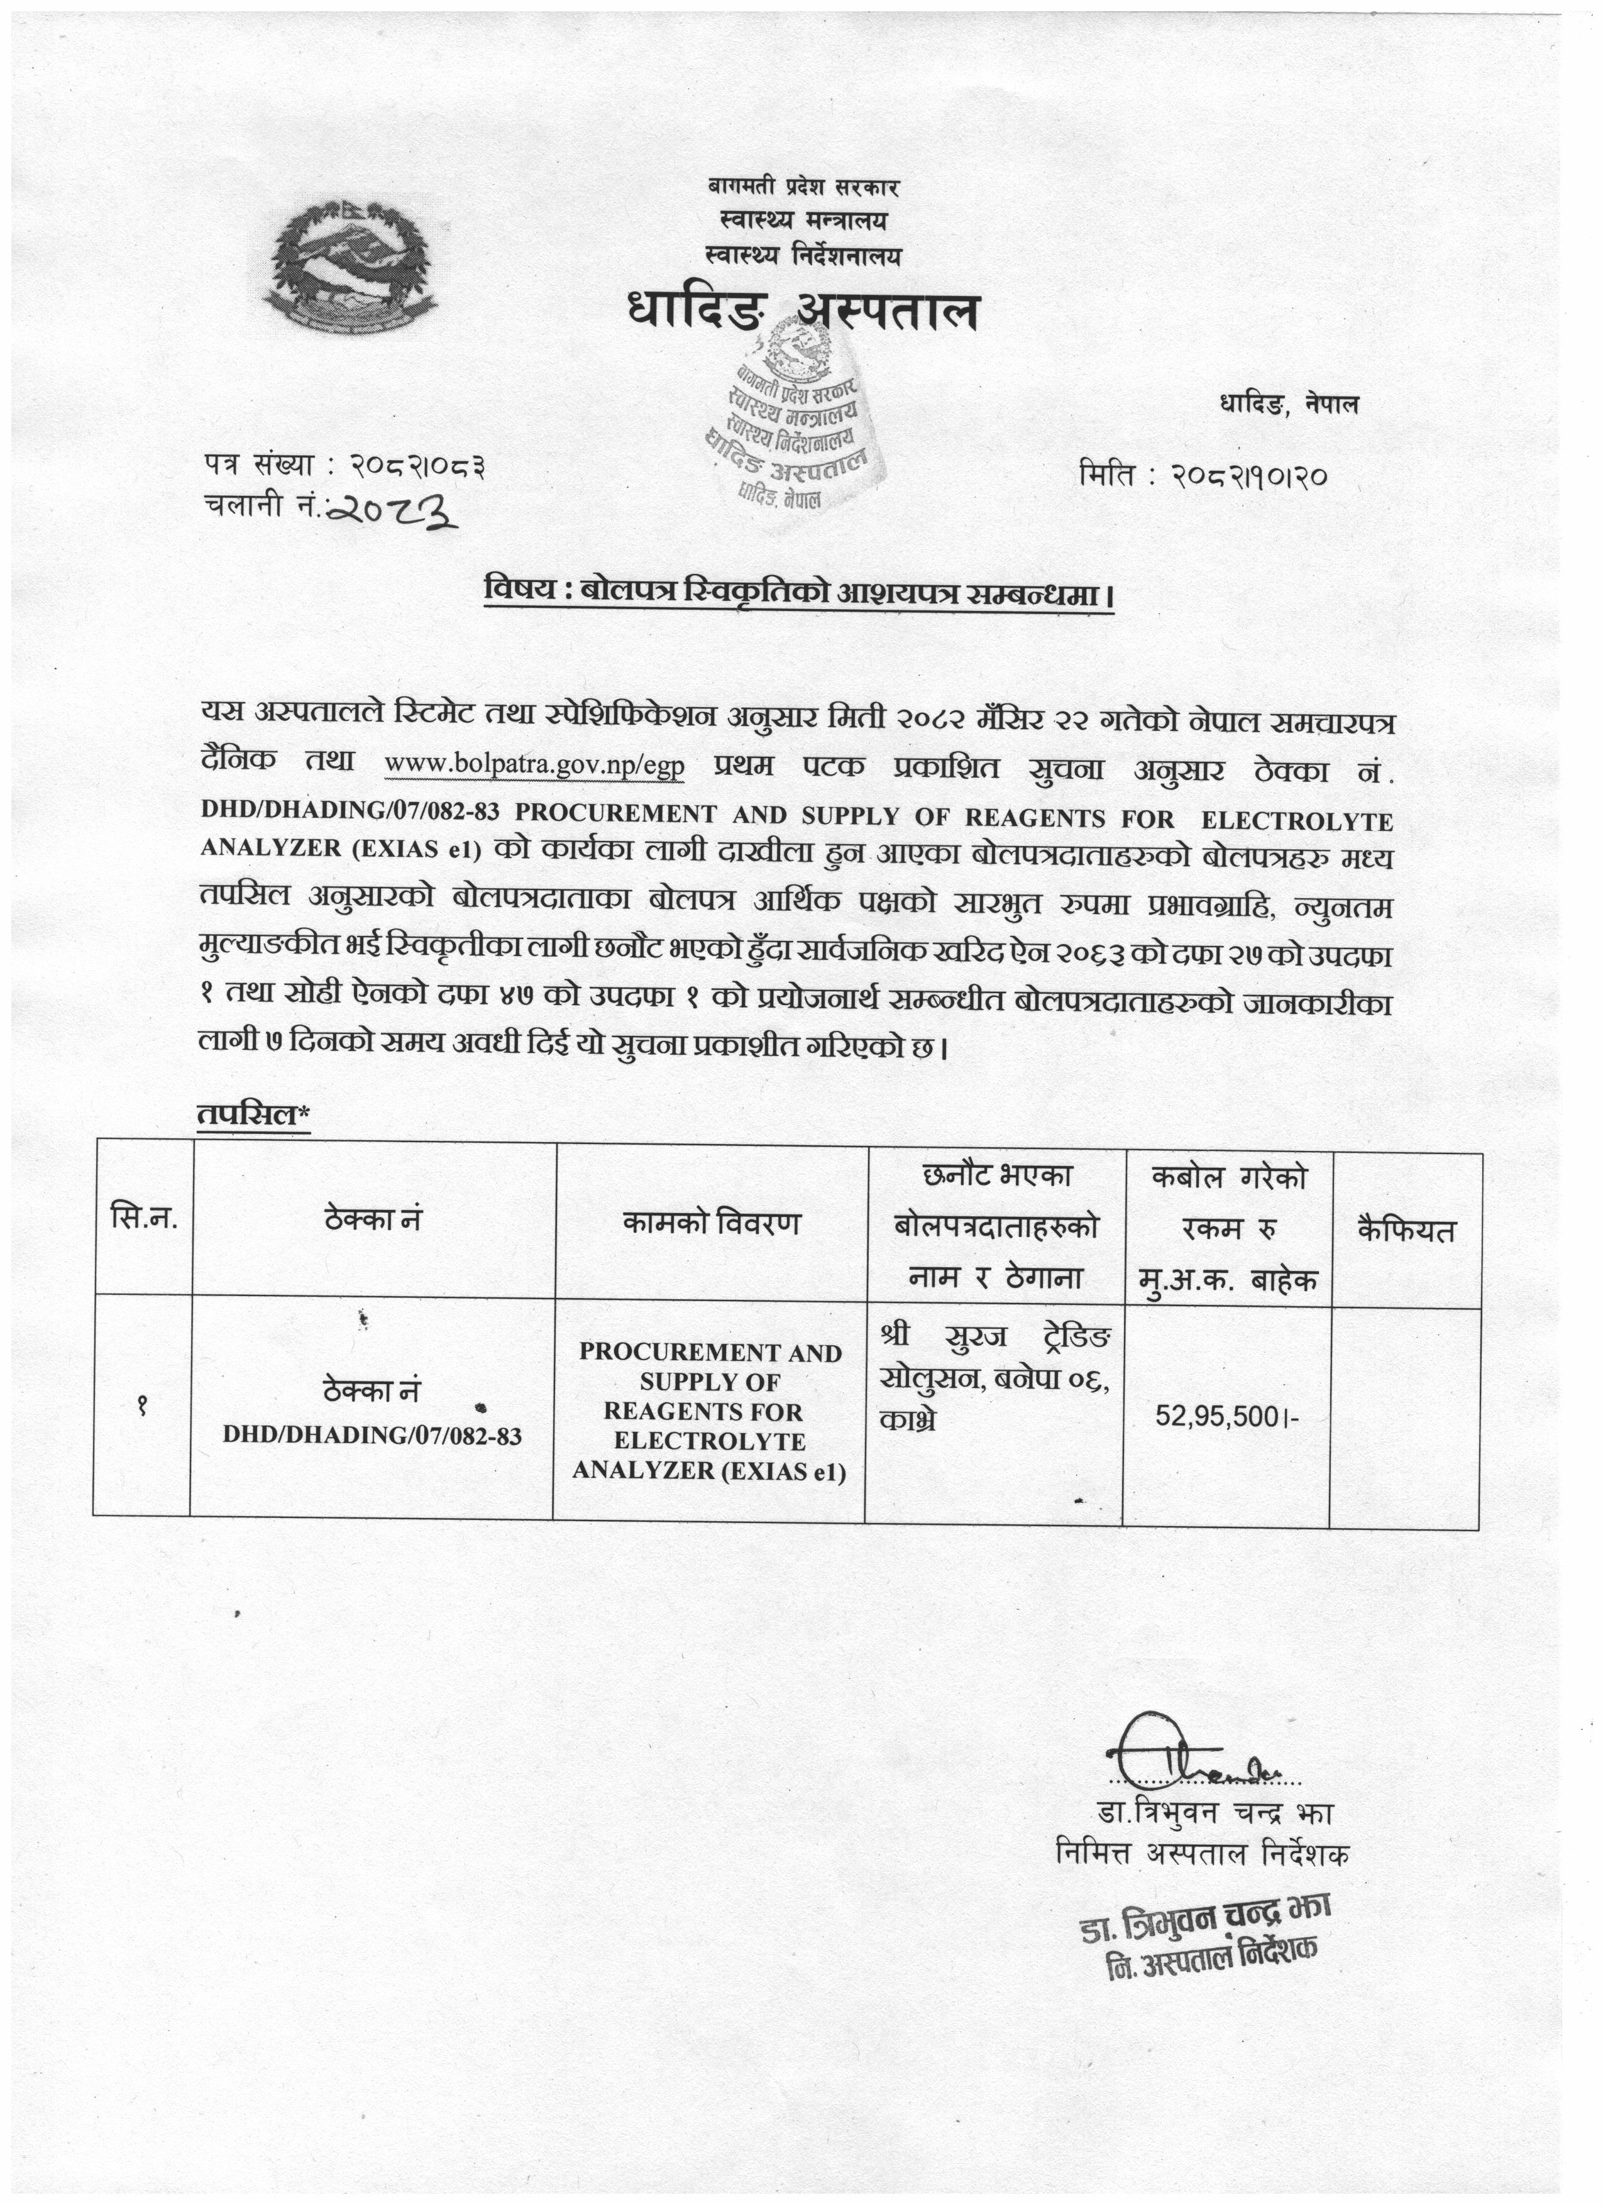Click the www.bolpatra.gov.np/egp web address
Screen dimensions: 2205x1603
coord(535,766)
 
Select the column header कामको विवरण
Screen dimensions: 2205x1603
coord(712,1223)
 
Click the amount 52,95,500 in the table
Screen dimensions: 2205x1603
coord(1227,1417)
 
